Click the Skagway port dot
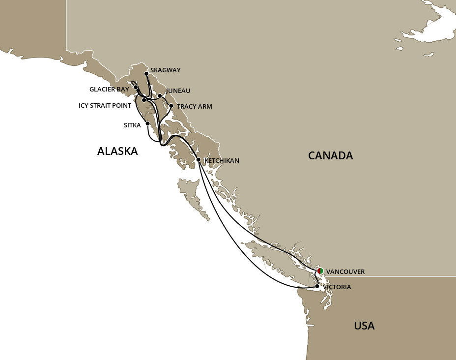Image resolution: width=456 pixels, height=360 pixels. coord(146,74)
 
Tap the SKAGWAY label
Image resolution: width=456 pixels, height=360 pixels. coord(166,70)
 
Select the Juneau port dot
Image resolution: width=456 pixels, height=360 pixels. coord(160,96)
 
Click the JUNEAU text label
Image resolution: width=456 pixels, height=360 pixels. coord(178,91)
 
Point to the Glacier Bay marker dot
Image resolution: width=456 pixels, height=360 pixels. coord(136,87)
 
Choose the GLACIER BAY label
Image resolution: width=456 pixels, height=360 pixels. coord(109,89)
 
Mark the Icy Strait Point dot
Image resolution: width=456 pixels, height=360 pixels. coord(143,100)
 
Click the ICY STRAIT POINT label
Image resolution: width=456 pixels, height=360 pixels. coord(105,105)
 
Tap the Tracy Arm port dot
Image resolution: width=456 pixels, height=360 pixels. coord(171,105)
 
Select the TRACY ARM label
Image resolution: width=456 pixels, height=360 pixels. coord(195,106)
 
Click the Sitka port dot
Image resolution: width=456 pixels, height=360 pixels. coord(147,123)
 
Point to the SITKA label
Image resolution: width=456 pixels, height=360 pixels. coord(132,125)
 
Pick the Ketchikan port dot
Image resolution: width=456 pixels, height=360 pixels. coord(198,160)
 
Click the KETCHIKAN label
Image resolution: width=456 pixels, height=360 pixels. coord(222,160)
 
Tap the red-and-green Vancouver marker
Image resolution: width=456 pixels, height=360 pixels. coord(320,271)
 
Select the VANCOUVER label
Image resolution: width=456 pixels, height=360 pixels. coord(345,271)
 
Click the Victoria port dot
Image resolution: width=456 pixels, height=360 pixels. coord(317,286)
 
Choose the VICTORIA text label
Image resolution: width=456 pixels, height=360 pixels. coord(337,287)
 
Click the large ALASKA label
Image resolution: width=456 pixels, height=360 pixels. coord(117,151)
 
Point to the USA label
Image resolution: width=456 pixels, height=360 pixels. coord(364,326)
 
